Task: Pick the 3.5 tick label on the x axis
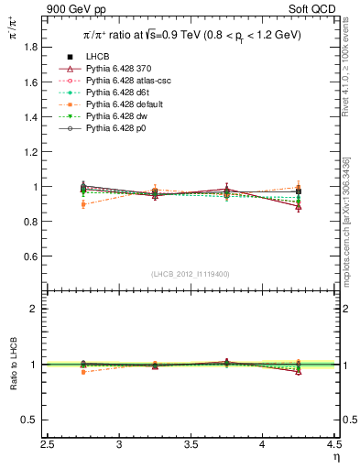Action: click(x=191, y=444)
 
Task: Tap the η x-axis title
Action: click(x=336, y=455)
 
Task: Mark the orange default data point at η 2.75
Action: click(x=84, y=204)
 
